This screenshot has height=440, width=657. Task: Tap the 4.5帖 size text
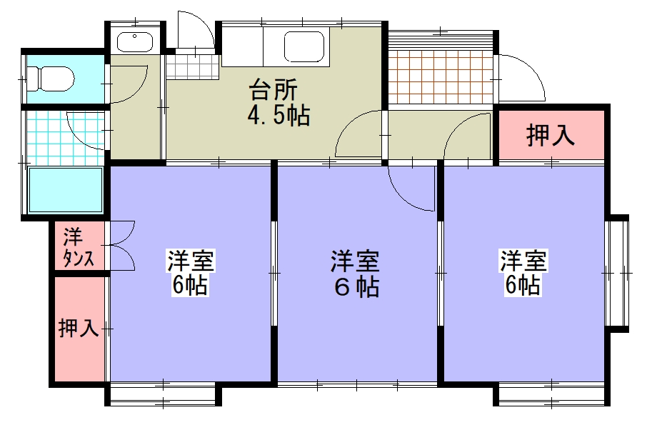tap(279, 116)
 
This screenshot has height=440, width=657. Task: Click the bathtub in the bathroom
tap(65, 189)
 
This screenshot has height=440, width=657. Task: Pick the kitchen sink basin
tap(306, 48)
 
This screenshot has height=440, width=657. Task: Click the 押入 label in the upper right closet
tap(551, 136)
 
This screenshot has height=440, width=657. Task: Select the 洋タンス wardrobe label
tap(78, 247)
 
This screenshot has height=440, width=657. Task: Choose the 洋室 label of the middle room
tap(354, 261)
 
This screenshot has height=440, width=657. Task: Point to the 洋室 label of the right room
tap(523, 260)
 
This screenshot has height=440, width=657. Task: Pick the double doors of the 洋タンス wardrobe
tap(121, 246)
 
